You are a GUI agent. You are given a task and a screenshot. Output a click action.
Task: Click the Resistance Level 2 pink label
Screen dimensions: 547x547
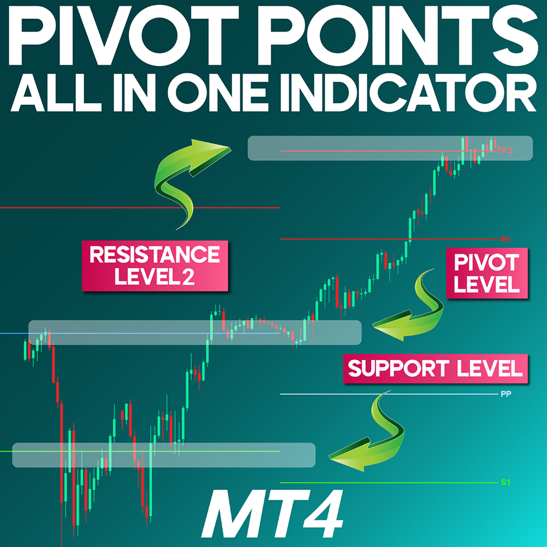coord(155,266)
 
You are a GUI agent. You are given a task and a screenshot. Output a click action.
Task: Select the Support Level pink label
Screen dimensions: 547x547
coord(435,369)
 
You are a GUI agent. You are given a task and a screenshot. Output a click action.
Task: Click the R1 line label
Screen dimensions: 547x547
coord(505,240)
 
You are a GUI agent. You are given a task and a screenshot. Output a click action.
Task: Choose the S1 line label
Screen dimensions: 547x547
coord(506,483)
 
